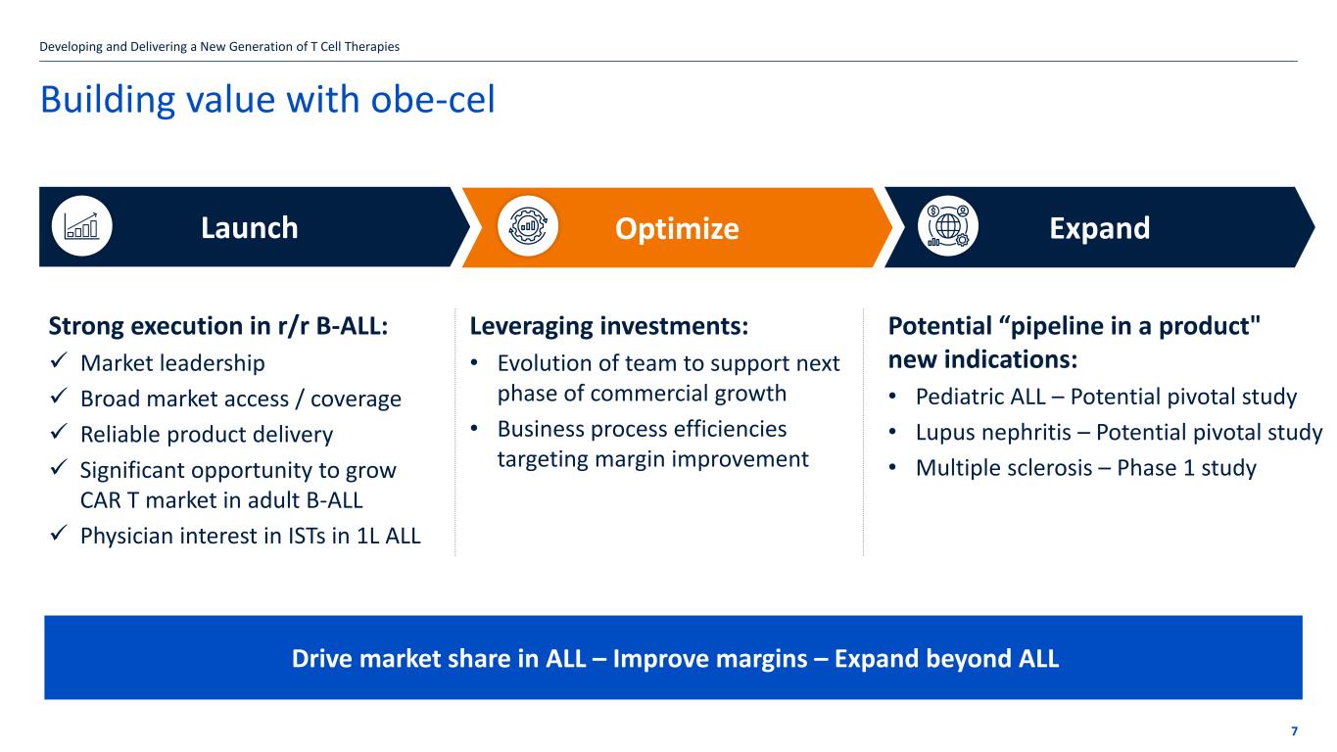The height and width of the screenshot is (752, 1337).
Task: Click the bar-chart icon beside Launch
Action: click(81, 226)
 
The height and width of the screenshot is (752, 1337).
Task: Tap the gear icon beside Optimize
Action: click(528, 226)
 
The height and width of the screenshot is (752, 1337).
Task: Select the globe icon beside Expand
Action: click(948, 226)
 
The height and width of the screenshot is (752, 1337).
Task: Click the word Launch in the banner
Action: click(250, 228)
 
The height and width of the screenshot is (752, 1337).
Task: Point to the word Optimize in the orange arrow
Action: click(677, 228)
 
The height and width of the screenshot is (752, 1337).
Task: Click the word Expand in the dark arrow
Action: click(1099, 228)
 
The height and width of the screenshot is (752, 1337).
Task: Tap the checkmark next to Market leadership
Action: click(59, 360)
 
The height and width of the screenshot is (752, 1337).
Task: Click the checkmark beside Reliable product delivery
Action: click(59, 432)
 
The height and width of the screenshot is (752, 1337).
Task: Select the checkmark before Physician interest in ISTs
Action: click(59, 533)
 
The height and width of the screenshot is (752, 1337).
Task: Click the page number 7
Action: click(1294, 731)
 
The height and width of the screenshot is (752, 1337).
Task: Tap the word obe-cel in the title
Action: click(433, 99)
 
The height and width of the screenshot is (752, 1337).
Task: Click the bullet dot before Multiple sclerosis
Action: click(892, 467)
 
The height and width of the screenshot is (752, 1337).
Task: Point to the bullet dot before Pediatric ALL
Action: click(892, 397)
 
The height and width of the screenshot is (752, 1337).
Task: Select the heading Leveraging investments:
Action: click(609, 326)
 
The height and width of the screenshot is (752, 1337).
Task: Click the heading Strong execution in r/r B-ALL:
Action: click(218, 326)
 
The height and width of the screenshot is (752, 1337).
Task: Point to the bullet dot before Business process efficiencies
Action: click(474, 429)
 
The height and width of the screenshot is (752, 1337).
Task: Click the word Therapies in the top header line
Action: click(372, 47)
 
